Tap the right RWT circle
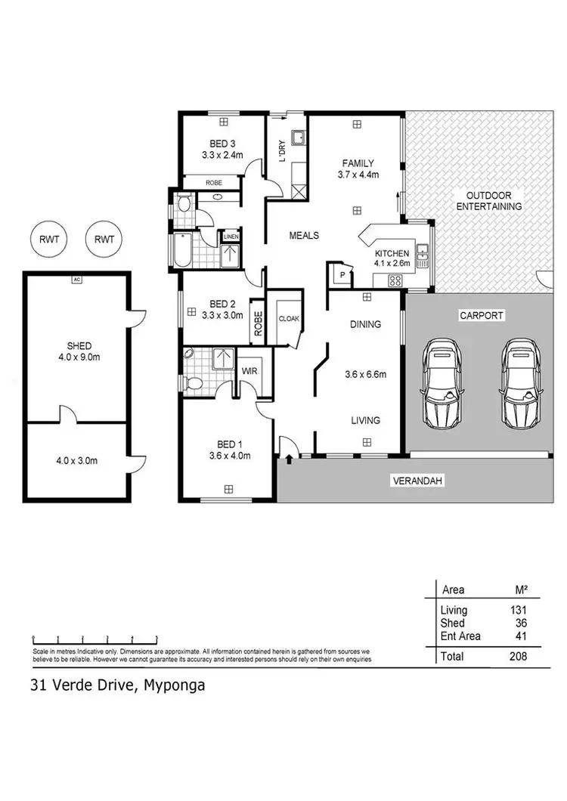[x=104, y=240]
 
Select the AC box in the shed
[x=76, y=280]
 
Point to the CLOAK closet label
[x=289, y=319]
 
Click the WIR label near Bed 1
[x=249, y=371]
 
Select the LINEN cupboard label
[x=231, y=237]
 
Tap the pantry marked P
[x=342, y=276]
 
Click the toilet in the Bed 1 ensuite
[x=194, y=384]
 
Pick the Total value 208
[x=518, y=657]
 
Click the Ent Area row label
[x=460, y=636]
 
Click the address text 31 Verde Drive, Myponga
[x=117, y=686]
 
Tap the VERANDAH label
[x=415, y=481]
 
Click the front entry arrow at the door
[x=290, y=457]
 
